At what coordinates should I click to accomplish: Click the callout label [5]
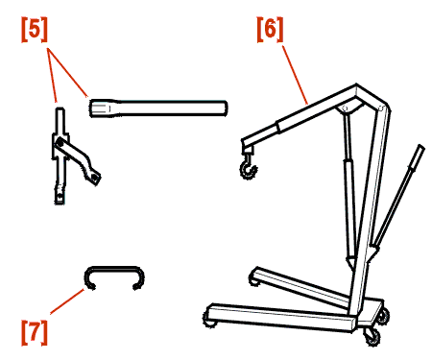[35, 30]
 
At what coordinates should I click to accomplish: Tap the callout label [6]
[271, 30]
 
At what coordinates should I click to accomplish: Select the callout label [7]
[35, 332]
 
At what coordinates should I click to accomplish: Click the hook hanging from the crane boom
[249, 167]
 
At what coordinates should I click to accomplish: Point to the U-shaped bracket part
[114, 268]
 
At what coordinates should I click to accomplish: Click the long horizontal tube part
[158, 108]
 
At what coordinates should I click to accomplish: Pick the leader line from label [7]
[67, 301]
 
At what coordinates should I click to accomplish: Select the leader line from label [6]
[295, 75]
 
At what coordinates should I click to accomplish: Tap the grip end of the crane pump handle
[418, 156]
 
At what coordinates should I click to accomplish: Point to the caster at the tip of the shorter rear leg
[253, 280]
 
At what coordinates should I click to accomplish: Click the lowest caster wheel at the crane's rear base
[372, 338]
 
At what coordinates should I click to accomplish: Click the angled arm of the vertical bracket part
[79, 159]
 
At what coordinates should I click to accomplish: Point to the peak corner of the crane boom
[356, 86]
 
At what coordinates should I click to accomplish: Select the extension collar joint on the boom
[278, 126]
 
